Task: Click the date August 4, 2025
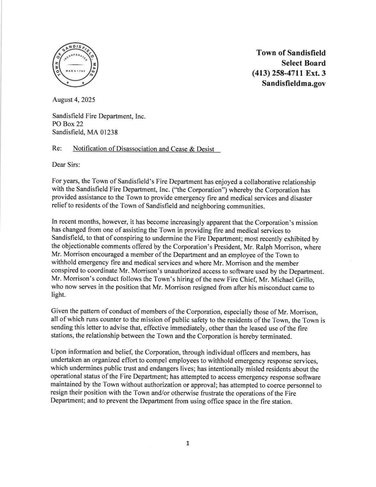coord(73,100)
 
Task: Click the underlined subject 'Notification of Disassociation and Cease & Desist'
coord(144,149)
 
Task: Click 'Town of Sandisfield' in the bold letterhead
coord(291,53)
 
